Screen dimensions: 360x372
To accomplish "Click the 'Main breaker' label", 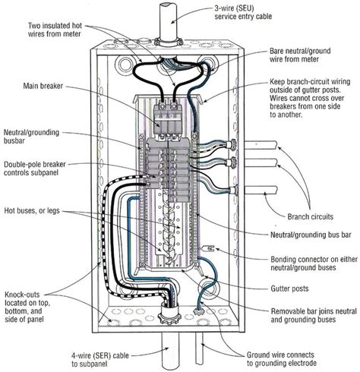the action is [43, 86].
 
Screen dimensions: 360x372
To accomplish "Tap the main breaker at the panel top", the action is [168, 118].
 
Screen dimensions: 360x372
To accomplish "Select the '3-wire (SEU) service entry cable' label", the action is [243, 12].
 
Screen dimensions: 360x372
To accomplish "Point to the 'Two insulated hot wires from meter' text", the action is [55, 30].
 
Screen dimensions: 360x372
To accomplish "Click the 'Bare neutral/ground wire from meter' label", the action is [300, 55].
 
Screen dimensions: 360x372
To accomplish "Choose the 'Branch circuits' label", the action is [310, 216].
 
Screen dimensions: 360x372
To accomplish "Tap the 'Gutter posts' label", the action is [289, 288].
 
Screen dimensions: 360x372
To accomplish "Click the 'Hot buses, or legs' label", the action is [32, 210].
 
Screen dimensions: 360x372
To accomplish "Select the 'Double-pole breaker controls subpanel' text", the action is [35, 169].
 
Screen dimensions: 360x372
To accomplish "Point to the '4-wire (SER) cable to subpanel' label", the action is [100, 360].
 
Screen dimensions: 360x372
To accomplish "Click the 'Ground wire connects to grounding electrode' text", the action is [282, 359].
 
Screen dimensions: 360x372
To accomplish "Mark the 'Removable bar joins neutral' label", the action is [314, 311].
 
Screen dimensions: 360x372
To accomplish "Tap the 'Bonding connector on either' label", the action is [314, 260].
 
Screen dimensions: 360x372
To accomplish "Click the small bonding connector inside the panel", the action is [209, 248].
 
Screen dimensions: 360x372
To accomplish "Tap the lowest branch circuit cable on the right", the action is [261, 191].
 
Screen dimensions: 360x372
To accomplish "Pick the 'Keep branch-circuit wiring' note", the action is [310, 82].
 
